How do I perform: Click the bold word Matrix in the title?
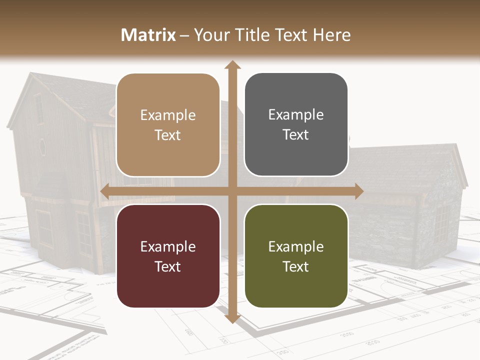(148, 35)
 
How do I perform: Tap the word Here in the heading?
(332, 35)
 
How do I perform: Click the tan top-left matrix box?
(168, 125)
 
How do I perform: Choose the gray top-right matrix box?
(296, 124)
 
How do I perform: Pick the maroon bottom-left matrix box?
(168, 256)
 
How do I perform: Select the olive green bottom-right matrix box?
(296, 256)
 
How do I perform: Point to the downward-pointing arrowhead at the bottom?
(232, 318)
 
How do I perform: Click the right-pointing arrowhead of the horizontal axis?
(358, 191)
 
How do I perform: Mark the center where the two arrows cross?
(232, 191)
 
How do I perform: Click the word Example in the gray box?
(296, 115)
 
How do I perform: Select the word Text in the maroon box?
(168, 266)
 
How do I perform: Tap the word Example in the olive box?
(296, 246)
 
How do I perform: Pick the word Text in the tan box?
(168, 135)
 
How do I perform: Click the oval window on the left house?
(42, 146)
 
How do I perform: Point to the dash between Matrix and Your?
(184, 35)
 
